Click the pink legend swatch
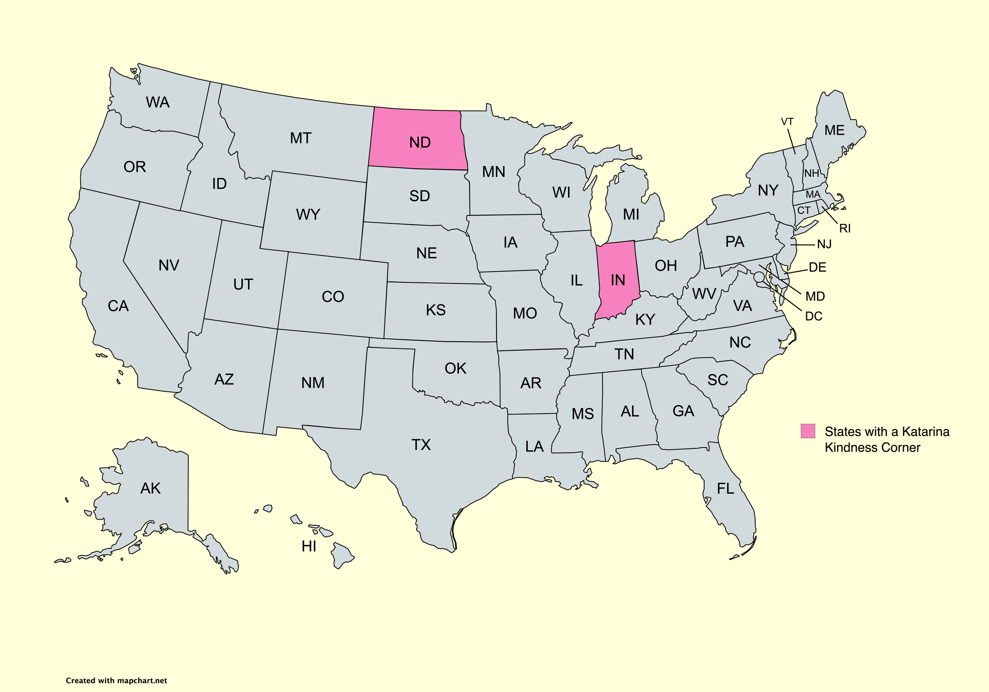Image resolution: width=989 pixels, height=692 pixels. pos(808,431)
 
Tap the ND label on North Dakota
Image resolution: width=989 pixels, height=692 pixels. pos(420,142)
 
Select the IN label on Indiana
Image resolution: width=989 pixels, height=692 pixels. pos(618,280)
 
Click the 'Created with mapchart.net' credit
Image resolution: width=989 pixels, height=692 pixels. pos(116,681)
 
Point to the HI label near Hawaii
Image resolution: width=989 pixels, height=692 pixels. pos(309,546)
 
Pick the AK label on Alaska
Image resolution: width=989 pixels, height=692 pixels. pos(150,488)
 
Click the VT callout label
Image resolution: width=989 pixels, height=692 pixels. pos(787,122)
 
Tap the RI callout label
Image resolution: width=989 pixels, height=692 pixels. pos(845,229)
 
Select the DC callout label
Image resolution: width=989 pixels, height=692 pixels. pos(814,316)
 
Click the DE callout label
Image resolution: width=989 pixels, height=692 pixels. pos(817,267)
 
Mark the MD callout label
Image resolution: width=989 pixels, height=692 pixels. pos(815,296)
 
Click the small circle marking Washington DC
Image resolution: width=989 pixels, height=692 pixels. pos(759,277)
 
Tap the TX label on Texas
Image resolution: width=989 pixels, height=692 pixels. pos(421,445)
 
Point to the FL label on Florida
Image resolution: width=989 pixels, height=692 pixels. pos(726,489)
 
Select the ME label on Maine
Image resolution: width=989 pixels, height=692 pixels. pos(834,130)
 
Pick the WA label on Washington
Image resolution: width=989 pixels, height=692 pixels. pos(158,102)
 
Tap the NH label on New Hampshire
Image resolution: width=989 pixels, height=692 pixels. pos(811,174)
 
